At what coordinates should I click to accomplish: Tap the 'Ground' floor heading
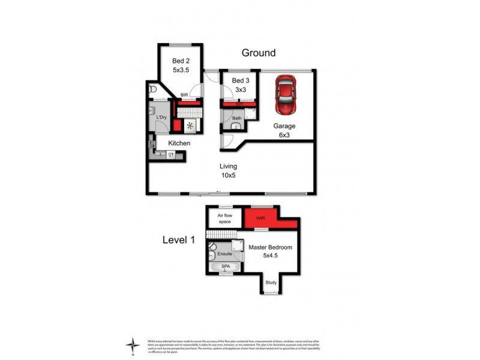pyautogui.click(x=259, y=53)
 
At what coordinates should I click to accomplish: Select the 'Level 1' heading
pyautogui.click(x=179, y=239)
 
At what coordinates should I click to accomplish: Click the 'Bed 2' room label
pyautogui.click(x=181, y=61)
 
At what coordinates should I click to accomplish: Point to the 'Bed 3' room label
pyautogui.click(x=240, y=80)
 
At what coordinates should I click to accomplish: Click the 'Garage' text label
pyautogui.click(x=284, y=126)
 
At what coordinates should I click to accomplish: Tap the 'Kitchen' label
pyautogui.click(x=179, y=143)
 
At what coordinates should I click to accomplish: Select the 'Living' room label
pyautogui.click(x=228, y=166)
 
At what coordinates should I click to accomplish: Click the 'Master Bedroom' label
pyautogui.click(x=271, y=248)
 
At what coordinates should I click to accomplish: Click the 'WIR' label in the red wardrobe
pyautogui.click(x=260, y=218)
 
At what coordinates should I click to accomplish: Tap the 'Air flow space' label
pyautogui.click(x=223, y=218)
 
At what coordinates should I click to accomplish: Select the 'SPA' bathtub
pyautogui.click(x=225, y=266)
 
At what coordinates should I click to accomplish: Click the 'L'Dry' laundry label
pyautogui.click(x=161, y=118)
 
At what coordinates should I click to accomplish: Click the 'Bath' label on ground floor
pyautogui.click(x=236, y=118)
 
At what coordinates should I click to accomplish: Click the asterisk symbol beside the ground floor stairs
pyautogui.click(x=191, y=126)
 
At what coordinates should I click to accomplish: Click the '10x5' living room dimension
pyautogui.click(x=228, y=176)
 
